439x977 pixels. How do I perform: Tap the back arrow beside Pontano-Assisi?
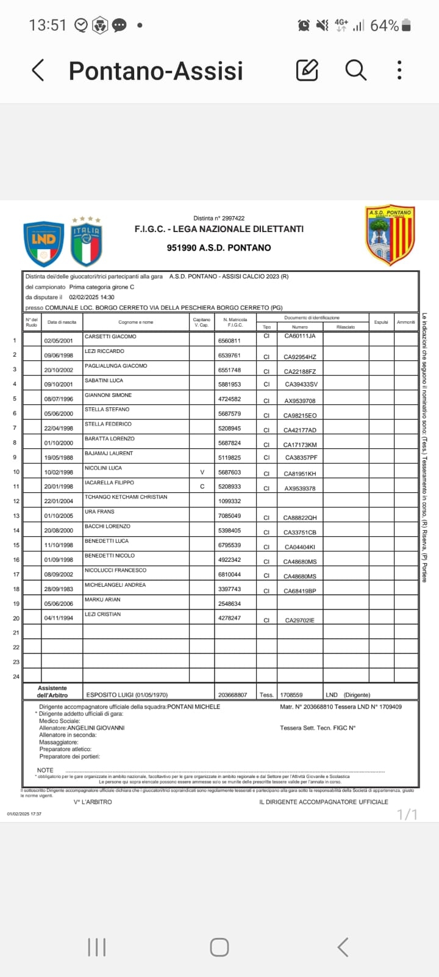[38, 71]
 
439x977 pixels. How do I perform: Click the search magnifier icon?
[355, 71]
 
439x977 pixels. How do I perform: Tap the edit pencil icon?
[307, 71]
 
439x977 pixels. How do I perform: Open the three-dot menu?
[399, 71]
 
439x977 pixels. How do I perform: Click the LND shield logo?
[44, 243]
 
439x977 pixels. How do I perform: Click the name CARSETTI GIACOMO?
[110, 336]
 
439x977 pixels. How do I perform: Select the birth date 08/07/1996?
[59, 399]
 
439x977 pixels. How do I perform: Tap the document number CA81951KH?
[299, 473]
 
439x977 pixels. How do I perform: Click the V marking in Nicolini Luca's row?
[202, 472]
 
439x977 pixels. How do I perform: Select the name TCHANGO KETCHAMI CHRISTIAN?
[126, 497]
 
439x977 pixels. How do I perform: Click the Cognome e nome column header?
[135, 322]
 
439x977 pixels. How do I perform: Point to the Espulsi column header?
[381, 322]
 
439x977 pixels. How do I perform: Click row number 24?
[16, 677]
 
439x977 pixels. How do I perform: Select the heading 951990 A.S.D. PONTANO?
[219, 247]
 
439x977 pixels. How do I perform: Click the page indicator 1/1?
[407, 815]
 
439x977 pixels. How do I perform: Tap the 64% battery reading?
[385, 26]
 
